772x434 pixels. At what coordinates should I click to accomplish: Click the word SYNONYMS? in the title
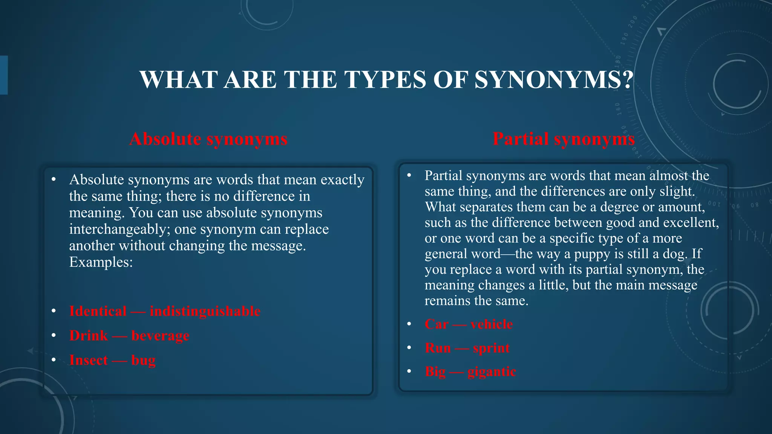tap(554, 80)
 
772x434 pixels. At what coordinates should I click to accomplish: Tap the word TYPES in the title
tap(385, 80)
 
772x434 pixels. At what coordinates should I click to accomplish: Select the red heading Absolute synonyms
tap(208, 139)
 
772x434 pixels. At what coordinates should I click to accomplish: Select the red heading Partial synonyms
tap(564, 139)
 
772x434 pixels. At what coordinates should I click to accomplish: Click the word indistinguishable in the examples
tap(205, 311)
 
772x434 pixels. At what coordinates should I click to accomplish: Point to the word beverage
tap(160, 336)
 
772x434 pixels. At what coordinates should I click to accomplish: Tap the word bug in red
tap(143, 361)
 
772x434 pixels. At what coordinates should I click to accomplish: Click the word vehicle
tap(492, 324)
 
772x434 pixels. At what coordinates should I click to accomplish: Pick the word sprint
tap(491, 348)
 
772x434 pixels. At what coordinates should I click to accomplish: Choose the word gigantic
tap(492, 372)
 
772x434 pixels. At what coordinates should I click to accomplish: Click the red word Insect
tap(89, 360)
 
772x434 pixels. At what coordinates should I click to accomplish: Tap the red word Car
tap(437, 324)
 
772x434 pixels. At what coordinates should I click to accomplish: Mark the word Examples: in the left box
tap(101, 262)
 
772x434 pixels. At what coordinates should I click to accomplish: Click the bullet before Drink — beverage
tap(54, 335)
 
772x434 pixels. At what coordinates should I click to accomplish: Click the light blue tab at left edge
tap(4, 75)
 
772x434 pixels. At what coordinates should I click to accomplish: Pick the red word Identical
tap(98, 311)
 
